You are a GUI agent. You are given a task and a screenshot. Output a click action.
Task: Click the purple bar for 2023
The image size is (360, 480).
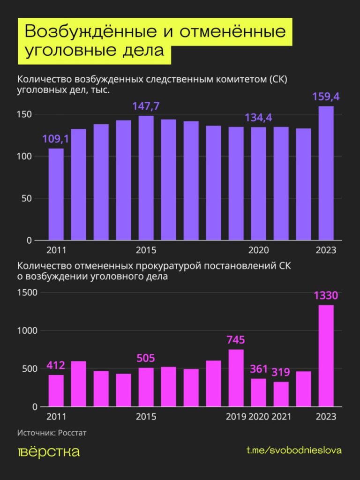326,173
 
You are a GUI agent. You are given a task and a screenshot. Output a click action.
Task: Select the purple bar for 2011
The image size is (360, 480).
56,194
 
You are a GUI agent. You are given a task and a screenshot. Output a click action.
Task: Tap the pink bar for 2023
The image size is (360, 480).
326,356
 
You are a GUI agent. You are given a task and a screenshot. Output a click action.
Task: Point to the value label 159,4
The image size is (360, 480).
326,97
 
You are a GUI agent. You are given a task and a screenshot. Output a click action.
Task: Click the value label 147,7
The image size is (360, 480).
146,106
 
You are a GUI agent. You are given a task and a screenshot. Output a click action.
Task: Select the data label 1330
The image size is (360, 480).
326,296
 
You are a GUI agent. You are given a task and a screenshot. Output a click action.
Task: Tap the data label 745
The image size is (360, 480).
236,340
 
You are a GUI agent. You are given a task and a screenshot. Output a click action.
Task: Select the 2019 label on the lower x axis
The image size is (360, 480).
236,417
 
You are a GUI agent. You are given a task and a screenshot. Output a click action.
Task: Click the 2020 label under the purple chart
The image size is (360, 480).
258,250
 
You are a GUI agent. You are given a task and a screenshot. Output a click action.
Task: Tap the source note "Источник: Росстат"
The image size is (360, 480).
52,433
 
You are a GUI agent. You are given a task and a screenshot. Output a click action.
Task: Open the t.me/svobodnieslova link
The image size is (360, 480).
294,450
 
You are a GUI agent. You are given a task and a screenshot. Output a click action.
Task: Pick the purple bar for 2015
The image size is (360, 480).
146,178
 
